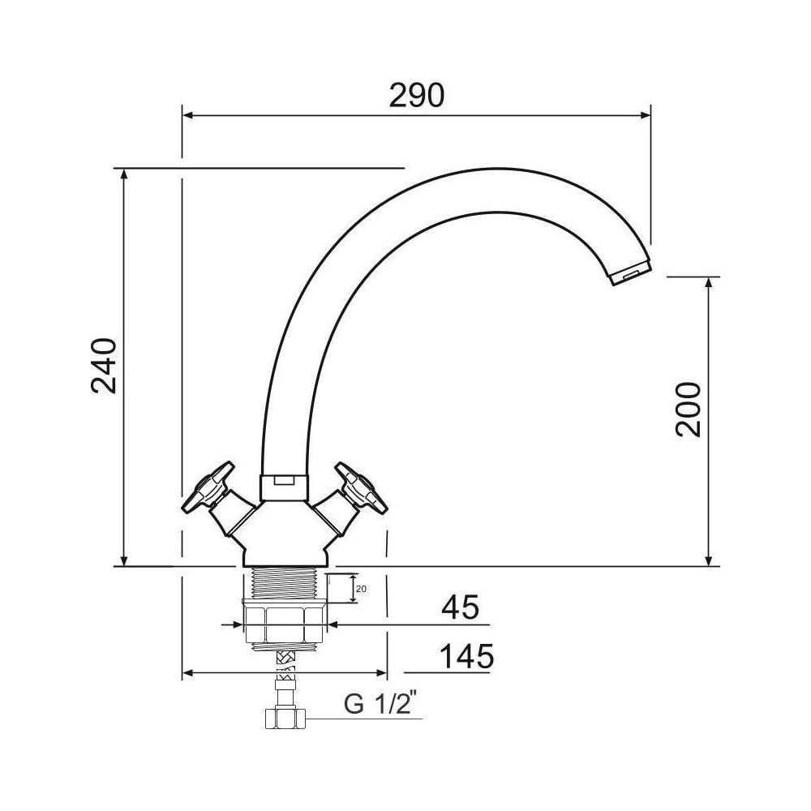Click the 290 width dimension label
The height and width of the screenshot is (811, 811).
pos(416,95)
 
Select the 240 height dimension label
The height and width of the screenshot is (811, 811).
pos(104,366)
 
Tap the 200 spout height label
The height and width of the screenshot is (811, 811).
pos(689,410)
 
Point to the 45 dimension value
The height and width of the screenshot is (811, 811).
pos(460,607)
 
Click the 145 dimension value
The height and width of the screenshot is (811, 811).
pos(466,656)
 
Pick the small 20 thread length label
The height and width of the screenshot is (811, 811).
pos(362,589)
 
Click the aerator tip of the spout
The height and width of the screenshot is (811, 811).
pos(630,272)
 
